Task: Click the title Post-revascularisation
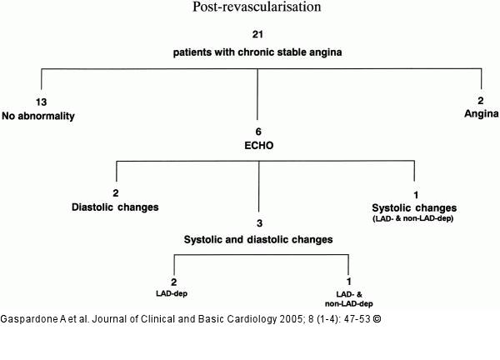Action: click(257, 7)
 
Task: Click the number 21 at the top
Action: click(257, 34)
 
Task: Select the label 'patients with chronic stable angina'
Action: click(257, 52)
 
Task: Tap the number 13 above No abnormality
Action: click(41, 102)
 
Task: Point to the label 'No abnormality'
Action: click(38, 116)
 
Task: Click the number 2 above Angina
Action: click(481, 101)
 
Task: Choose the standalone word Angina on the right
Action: click(481, 113)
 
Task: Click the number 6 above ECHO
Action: click(258, 132)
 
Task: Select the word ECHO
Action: click(258, 145)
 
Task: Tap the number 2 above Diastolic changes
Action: click(116, 192)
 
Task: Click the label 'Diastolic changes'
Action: click(115, 207)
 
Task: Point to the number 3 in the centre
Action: click(259, 223)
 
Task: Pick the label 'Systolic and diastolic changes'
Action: click(258, 239)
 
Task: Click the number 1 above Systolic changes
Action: click(416, 195)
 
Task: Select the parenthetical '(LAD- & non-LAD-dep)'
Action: click(413, 218)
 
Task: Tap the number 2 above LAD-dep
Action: click(174, 282)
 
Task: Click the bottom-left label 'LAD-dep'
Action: click(172, 293)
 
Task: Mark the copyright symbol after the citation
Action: click(377, 319)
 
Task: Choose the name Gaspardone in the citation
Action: click(29, 319)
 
